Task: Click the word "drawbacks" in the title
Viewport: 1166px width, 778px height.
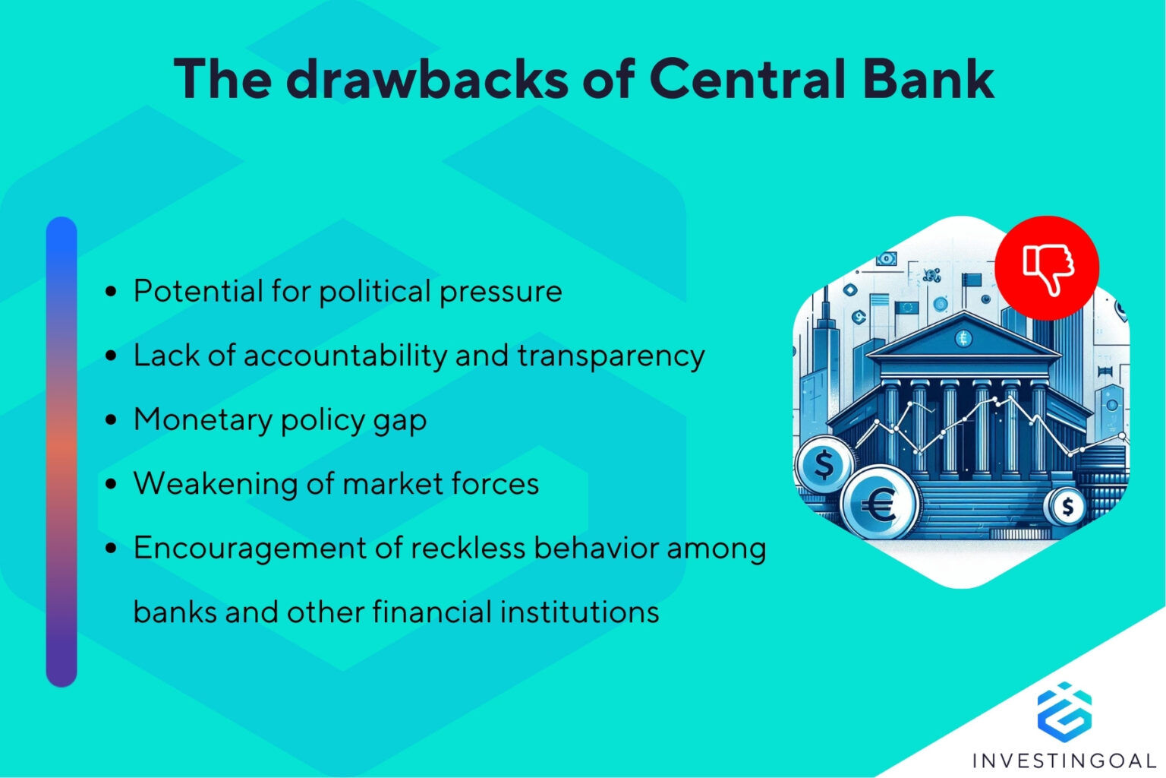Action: point(426,78)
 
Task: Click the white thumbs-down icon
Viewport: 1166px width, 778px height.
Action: point(1048,268)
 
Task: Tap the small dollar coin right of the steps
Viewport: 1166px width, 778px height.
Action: point(1067,506)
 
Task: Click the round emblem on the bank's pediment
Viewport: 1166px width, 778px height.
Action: point(963,338)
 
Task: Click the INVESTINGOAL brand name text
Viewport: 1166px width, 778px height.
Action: point(1064,760)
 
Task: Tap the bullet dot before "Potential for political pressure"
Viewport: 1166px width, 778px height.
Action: point(112,292)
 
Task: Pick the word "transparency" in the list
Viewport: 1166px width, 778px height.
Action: point(611,356)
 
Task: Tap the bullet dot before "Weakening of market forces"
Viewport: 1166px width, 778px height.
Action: point(112,484)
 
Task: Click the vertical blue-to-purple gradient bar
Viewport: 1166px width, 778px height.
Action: point(61,452)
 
